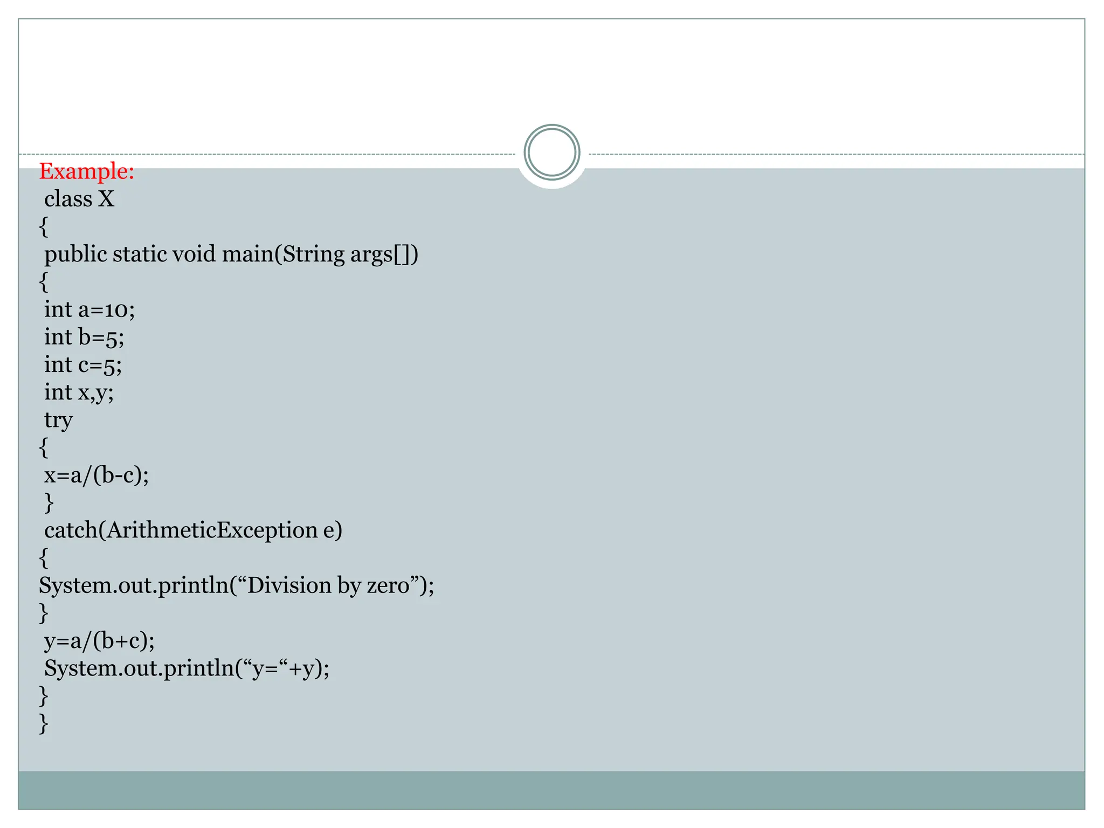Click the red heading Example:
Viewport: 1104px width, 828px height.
[x=86, y=171]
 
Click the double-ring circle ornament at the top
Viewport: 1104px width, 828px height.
[x=551, y=153]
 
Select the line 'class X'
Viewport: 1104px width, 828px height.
[x=79, y=199]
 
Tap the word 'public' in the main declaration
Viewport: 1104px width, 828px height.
[x=75, y=254]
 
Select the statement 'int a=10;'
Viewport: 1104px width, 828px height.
[x=89, y=309]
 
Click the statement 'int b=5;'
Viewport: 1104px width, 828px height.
[x=84, y=337]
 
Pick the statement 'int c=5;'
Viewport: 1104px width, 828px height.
[x=83, y=365]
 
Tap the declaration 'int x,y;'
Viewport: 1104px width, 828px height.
[x=79, y=392]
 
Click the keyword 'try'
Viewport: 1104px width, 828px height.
[x=58, y=420]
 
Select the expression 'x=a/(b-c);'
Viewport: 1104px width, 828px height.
[x=96, y=475]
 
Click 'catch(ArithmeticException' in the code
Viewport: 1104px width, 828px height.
[x=181, y=530]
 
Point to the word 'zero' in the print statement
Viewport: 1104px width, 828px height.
[x=388, y=585]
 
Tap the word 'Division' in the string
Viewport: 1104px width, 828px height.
[x=289, y=585]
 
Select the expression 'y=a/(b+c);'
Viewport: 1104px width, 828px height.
[x=99, y=641]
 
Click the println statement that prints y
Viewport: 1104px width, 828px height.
[x=187, y=668]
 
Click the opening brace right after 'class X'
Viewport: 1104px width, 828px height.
[x=44, y=227]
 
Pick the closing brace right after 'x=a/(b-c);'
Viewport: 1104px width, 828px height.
[x=49, y=503]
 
